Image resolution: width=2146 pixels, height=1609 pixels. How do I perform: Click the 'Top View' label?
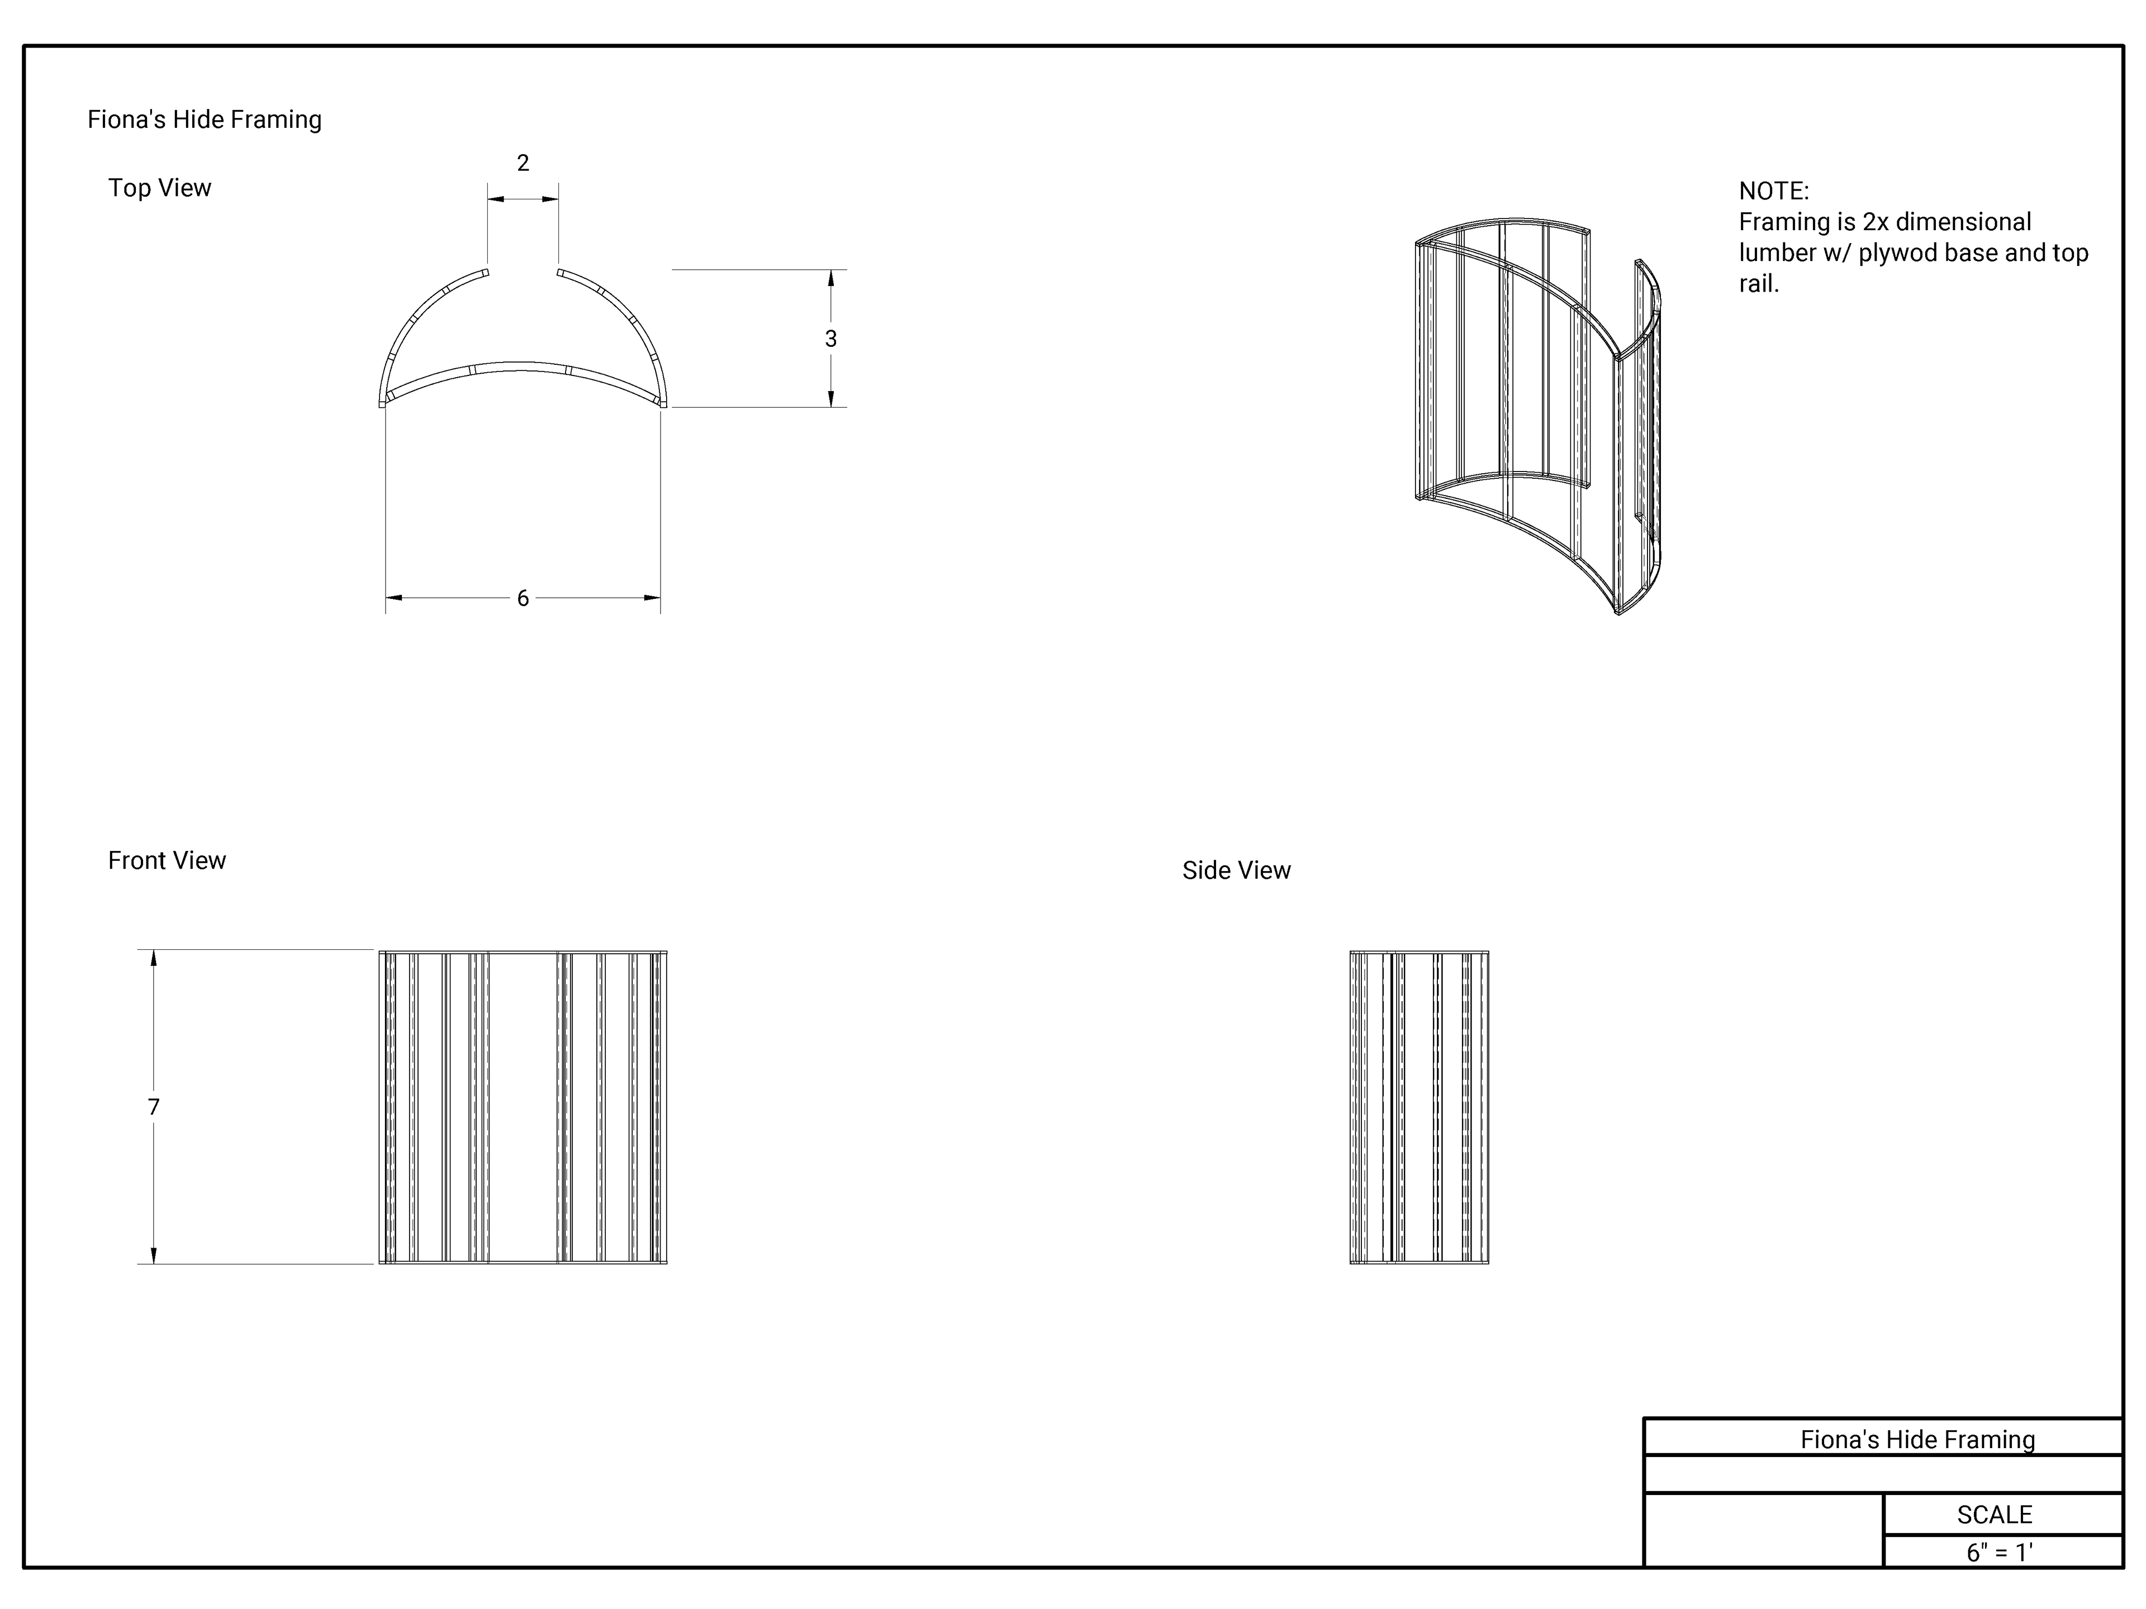tap(159, 188)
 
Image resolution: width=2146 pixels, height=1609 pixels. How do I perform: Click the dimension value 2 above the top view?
tap(523, 163)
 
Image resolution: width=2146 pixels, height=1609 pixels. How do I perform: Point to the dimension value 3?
tap(830, 339)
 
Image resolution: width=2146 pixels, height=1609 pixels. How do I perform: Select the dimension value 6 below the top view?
tap(523, 598)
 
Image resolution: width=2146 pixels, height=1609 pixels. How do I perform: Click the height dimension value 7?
tap(153, 1107)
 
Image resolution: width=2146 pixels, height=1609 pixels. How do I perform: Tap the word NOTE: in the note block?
tap(1773, 191)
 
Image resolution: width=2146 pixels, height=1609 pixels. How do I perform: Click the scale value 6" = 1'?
tap(1998, 1552)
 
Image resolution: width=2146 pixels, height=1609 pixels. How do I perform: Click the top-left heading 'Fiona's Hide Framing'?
tap(205, 120)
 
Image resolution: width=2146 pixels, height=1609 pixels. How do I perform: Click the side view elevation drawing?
tap(1418, 1107)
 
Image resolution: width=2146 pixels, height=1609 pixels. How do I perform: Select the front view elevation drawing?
tap(523, 1107)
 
